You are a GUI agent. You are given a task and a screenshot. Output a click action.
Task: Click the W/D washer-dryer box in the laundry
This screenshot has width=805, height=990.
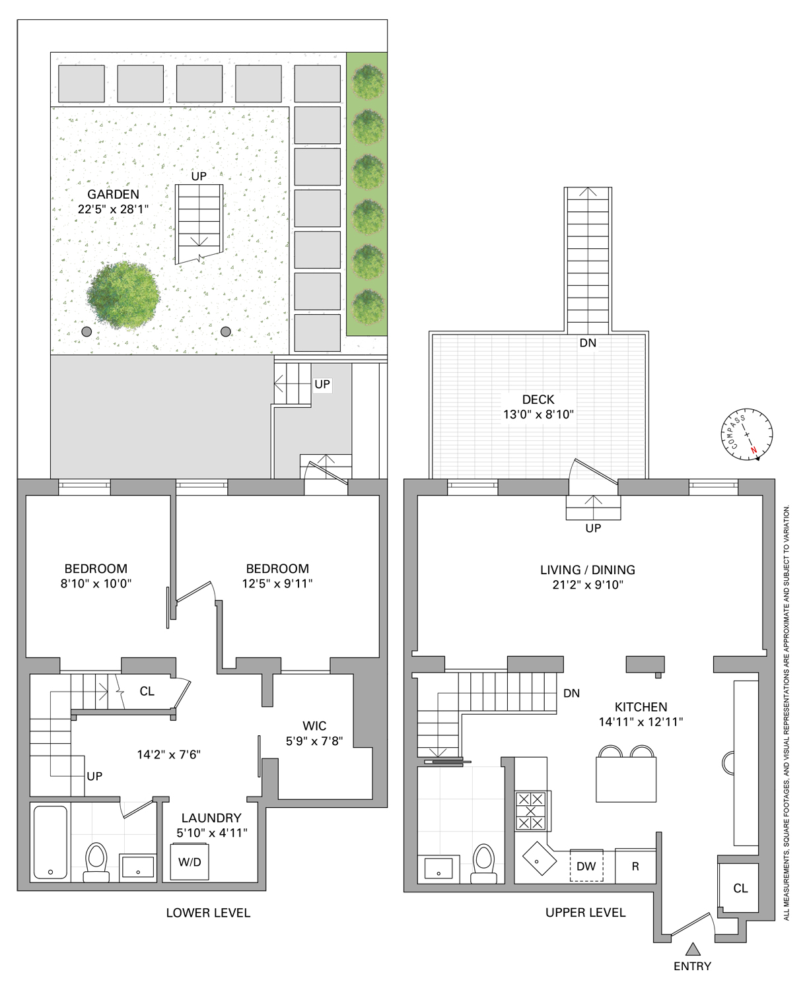tap(190, 862)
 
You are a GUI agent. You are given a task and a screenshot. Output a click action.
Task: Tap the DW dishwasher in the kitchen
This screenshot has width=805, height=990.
tap(586, 866)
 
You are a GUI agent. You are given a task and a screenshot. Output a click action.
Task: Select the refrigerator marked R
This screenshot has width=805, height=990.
tap(635, 866)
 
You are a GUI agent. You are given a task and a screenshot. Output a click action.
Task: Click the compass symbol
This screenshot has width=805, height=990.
tap(747, 434)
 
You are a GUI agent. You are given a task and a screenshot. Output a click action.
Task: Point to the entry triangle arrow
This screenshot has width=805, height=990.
tap(692, 950)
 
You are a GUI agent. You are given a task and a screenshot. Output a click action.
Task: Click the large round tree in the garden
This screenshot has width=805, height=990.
tap(123, 295)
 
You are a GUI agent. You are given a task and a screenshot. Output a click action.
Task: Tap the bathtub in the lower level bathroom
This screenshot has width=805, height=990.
tap(50, 842)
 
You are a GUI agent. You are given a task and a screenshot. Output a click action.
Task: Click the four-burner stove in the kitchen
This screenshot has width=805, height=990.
tap(532, 810)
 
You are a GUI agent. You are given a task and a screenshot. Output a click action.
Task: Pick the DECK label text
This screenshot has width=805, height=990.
tap(538, 399)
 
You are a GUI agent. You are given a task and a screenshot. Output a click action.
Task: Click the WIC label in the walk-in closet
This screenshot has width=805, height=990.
tap(314, 726)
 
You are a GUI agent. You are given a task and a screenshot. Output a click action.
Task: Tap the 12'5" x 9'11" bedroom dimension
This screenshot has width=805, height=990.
tap(277, 583)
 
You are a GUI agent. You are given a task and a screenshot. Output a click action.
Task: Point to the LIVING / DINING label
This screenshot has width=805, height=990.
tap(588, 570)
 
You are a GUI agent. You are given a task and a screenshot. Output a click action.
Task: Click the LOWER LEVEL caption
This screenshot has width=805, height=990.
tap(208, 913)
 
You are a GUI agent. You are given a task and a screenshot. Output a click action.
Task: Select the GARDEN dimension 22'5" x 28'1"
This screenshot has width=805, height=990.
tap(113, 209)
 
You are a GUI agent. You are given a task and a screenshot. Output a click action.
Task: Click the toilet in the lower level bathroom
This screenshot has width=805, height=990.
tap(96, 860)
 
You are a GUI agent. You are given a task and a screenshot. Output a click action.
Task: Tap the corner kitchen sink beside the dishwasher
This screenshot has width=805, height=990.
tap(540, 858)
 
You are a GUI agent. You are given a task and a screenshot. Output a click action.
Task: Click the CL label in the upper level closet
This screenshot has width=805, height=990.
tap(740, 888)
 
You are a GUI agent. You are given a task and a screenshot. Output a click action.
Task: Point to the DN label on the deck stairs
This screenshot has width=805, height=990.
tap(588, 343)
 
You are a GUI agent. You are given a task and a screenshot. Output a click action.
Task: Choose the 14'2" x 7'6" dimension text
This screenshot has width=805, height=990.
tap(168, 754)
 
